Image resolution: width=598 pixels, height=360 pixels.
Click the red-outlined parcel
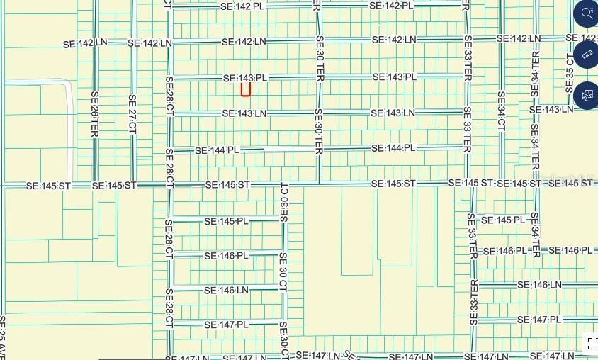tap(246, 89)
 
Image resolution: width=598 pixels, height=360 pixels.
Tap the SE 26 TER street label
tap(94, 114)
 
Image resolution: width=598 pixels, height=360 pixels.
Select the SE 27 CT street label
tap(132, 114)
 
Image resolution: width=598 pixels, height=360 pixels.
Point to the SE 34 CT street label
tap(501, 111)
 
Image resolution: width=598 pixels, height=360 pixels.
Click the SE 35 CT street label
tap(570, 71)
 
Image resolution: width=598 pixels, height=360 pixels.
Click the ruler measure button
tap(587, 54)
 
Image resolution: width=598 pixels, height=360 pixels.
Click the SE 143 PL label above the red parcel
tap(245, 78)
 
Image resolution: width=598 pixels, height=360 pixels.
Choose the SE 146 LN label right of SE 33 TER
tap(538, 285)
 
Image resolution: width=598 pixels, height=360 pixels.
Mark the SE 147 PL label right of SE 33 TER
tap(538, 320)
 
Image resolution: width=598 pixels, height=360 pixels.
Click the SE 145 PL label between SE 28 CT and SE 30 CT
tap(226, 221)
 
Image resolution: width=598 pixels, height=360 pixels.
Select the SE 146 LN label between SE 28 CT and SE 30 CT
tap(226, 290)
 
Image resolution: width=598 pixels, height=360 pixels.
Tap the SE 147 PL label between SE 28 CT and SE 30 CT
tap(226, 325)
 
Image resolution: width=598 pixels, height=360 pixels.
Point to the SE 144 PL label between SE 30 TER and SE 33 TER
tap(393, 148)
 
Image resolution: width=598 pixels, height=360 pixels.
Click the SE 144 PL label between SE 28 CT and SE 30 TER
tap(217, 150)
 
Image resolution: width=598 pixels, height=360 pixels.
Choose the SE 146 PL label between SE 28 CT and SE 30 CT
tap(226, 255)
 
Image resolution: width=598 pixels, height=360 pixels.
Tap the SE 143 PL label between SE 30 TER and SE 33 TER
tap(393, 77)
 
